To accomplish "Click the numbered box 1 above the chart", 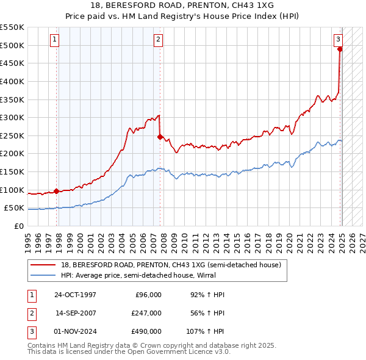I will pos(55,40).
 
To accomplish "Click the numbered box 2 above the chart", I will pos(158,40).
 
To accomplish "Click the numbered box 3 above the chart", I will pos(338,40).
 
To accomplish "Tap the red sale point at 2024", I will pos(340,49).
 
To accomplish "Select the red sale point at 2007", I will pos(160,137).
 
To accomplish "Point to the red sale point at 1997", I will pos(57,191).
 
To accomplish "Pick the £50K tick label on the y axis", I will pos(14,208).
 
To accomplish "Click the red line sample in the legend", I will pos(44,265).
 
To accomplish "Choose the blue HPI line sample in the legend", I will pos(44,275).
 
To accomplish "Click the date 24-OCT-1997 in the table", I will pos(75,295).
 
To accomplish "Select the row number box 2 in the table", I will pos(30,313).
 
